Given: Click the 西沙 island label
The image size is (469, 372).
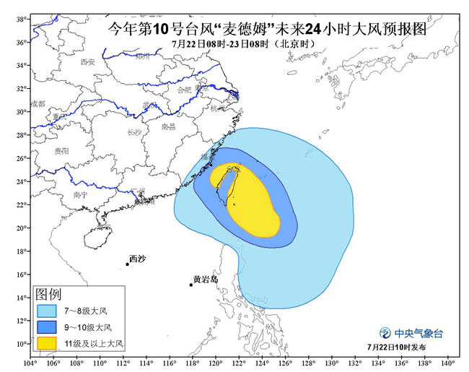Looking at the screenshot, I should click(x=137, y=259).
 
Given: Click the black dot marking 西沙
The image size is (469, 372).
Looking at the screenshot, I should click(x=127, y=264).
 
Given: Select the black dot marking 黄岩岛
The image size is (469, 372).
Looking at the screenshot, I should click(x=191, y=285).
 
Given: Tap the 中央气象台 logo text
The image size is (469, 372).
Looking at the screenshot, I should click(x=418, y=333).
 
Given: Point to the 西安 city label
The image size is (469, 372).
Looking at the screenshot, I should click(x=88, y=62).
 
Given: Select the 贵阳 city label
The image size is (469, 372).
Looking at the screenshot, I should click(x=61, y=151).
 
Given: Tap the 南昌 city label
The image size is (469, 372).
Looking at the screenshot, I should click(x=168, y=126).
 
